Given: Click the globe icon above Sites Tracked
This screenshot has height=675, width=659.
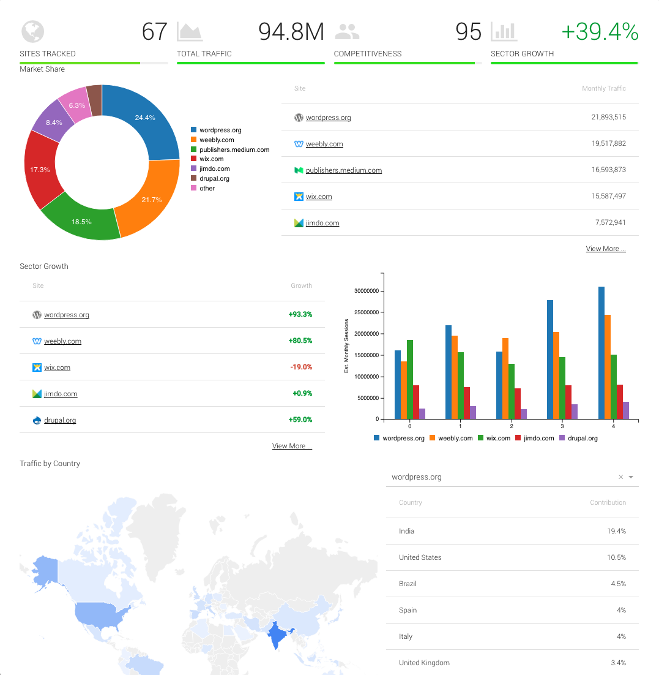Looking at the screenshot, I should [x=32, y=31].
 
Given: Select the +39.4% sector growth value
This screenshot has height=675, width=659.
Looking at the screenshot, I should [x=600, y=32].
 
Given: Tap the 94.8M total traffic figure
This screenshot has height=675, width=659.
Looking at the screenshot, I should [x=291, y=32].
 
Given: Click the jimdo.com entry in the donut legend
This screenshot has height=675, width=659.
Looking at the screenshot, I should [x=214, y=168].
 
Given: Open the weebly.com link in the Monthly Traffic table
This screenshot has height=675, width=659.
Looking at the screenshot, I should [x=324, y=144].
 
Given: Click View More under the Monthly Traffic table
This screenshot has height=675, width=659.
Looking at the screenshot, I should [x=606, y=249].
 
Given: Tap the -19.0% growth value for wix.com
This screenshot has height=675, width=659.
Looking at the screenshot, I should [x=301, y=368].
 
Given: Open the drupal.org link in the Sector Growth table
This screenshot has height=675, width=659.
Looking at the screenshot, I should [x=60, y=420].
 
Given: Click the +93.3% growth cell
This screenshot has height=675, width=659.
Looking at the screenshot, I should [x=300, y=315].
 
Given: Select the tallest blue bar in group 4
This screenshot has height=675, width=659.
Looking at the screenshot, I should [x=601, y=352].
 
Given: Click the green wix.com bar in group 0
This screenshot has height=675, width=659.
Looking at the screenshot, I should [x=409, y=380].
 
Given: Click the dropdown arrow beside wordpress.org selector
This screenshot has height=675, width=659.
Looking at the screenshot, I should [x=631, y=477].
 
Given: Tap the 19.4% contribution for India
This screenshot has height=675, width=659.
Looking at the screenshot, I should [x=616, y=531].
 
